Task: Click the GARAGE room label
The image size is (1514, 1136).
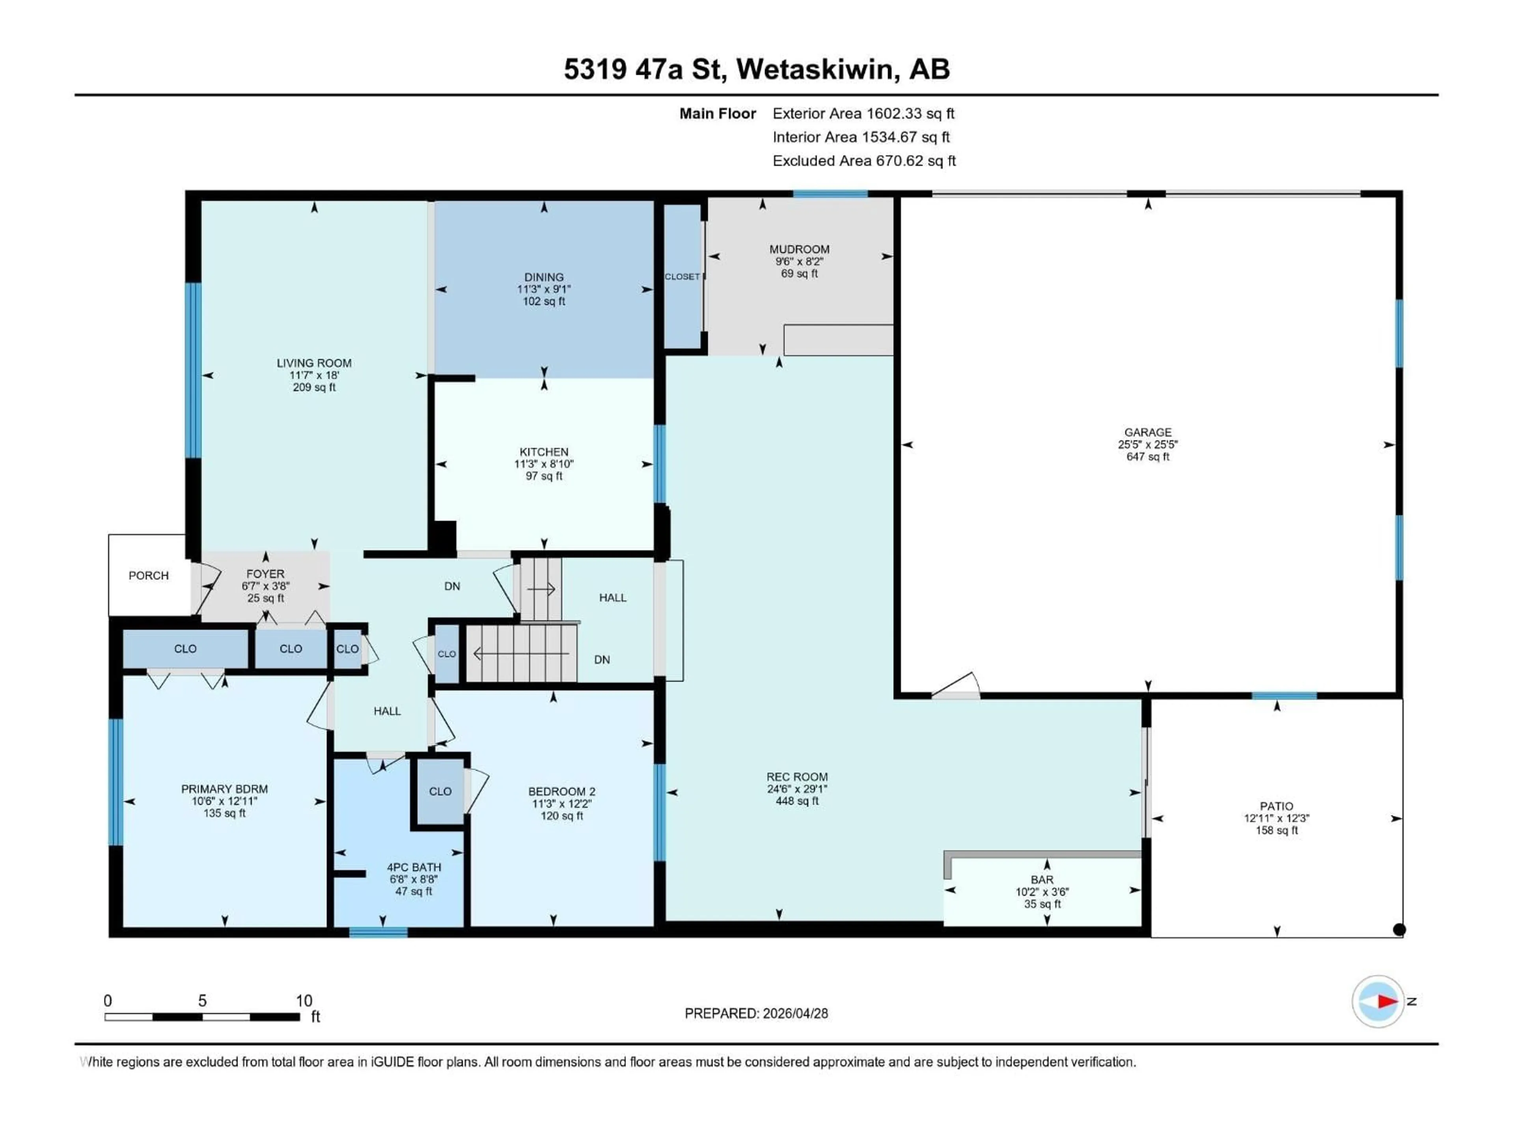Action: (1147, 432)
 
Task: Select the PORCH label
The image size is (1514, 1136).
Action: (149, 575)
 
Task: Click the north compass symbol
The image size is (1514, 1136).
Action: (1378, 1001)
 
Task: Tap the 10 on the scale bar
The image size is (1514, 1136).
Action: (304, 1000)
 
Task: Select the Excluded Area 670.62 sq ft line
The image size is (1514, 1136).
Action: (864, 161)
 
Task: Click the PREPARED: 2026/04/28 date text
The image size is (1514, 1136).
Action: (756, 1013)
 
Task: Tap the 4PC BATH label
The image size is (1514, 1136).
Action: (414, 867)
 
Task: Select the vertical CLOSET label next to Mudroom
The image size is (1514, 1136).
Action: (682, 277)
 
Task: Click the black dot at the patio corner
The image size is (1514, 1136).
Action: (1399, 929)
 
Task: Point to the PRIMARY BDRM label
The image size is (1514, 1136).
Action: (224, 789)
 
